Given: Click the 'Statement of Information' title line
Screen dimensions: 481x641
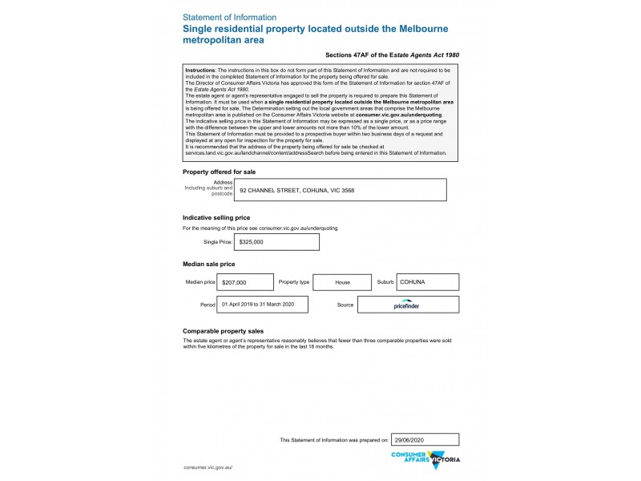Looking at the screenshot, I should [x=229, y=17].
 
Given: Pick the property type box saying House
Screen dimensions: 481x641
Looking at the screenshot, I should [x=342, y=283].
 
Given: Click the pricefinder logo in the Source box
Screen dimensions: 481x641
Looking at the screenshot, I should [x=407, y=305].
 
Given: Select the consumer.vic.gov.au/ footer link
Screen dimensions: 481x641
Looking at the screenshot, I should [x=208, y=467].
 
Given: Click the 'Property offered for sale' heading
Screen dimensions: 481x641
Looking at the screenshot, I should [x=219, y=172].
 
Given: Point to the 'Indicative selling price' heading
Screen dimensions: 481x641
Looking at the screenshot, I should [x=216, y=217].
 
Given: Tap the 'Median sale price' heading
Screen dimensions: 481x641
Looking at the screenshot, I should [x=209, y=264].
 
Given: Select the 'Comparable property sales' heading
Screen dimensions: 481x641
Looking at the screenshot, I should [x=224, y=331].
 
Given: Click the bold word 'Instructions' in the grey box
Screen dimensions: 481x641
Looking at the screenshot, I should [x=200, y=71].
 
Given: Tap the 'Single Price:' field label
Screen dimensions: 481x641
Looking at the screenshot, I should [x=218, y=241].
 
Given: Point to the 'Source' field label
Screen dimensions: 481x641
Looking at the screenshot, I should [x=345, y=305].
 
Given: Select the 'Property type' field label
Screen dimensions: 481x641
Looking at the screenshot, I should [x=293, y=283].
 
